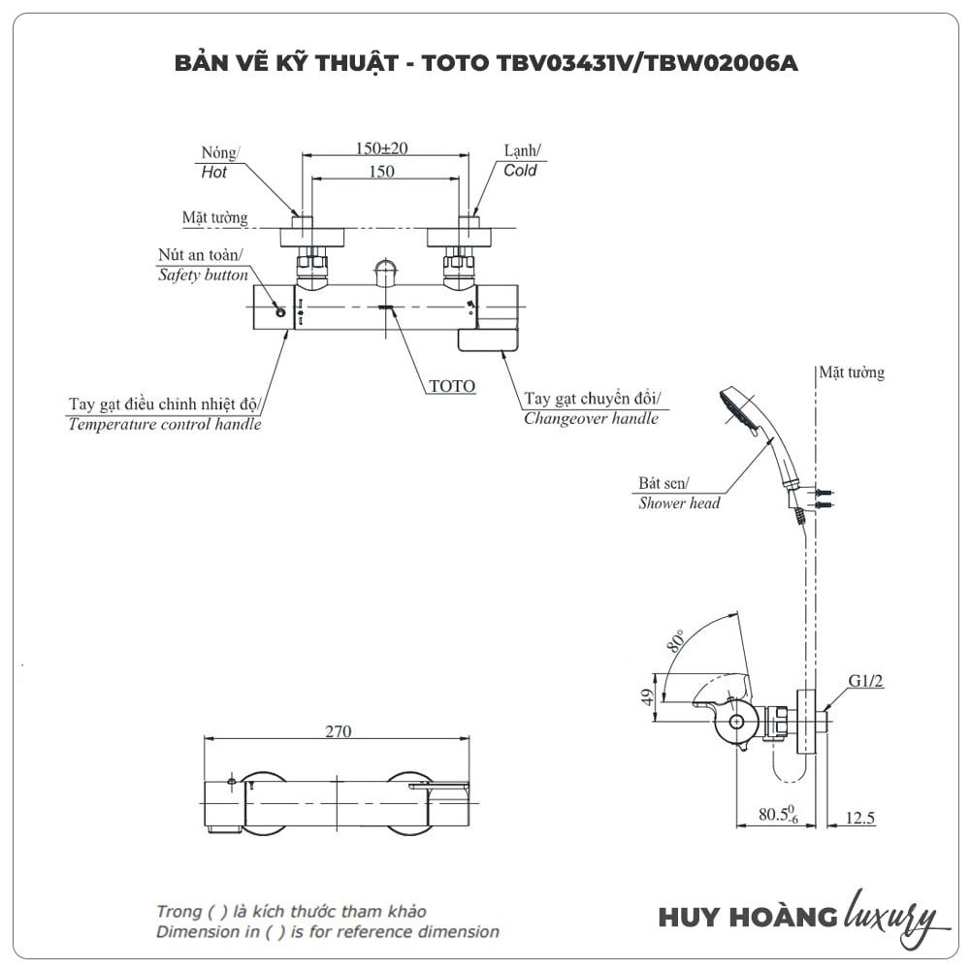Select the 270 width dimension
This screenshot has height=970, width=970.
(x=338, y=731)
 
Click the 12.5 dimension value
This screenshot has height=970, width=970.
(x=859, y=819)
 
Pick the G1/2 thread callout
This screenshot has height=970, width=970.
(x=866, y=682)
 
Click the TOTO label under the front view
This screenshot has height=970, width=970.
(x=452, y=386)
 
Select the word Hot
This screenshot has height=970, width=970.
(x=213, y=173)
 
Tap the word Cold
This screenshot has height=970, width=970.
(x=519, y=171)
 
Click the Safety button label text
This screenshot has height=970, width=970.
(x=203, y=275)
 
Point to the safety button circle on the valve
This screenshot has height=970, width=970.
(x=279, y=311)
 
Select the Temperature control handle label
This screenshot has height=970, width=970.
(x=165, y=425)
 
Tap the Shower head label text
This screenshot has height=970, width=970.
(x=679, y=503)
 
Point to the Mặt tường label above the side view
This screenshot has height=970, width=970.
(x=851, y=372)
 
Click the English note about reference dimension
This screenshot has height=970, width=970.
(x=328, y=932)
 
